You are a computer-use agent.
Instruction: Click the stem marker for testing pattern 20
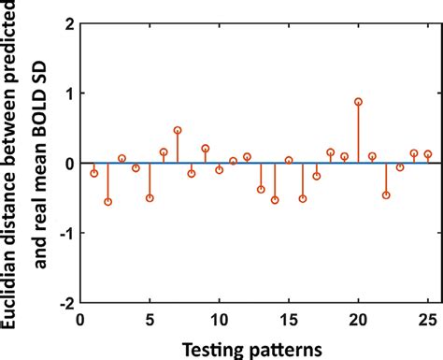359,102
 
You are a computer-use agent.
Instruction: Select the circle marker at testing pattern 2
107,201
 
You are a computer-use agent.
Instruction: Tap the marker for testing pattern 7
178,130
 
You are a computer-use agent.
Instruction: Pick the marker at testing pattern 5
150,198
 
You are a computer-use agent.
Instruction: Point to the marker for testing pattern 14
275,200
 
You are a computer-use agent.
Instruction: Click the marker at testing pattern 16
303,198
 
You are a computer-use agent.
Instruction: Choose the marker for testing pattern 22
386,195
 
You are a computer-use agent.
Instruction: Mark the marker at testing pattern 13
261,190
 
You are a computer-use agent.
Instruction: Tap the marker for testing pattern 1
93,173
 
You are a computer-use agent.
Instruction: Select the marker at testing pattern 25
428,154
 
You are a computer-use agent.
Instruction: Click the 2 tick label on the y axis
66,23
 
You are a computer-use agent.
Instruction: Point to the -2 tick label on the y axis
63,303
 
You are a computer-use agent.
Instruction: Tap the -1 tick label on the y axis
63,233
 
